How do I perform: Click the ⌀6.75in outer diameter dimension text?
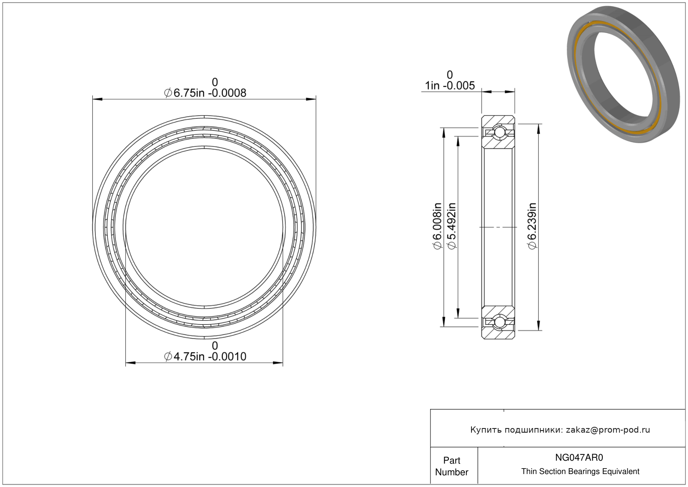click(205, 93)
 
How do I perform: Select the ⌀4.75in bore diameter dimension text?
click(205, 357)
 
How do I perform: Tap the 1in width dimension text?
click(450, 85)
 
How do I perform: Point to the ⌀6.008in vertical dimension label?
click(437, 227)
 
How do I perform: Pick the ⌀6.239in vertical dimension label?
click(532, 227)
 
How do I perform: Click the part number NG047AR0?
click(579, 458)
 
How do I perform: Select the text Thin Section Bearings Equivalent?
click(580, 472)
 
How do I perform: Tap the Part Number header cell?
click(452, 466)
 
